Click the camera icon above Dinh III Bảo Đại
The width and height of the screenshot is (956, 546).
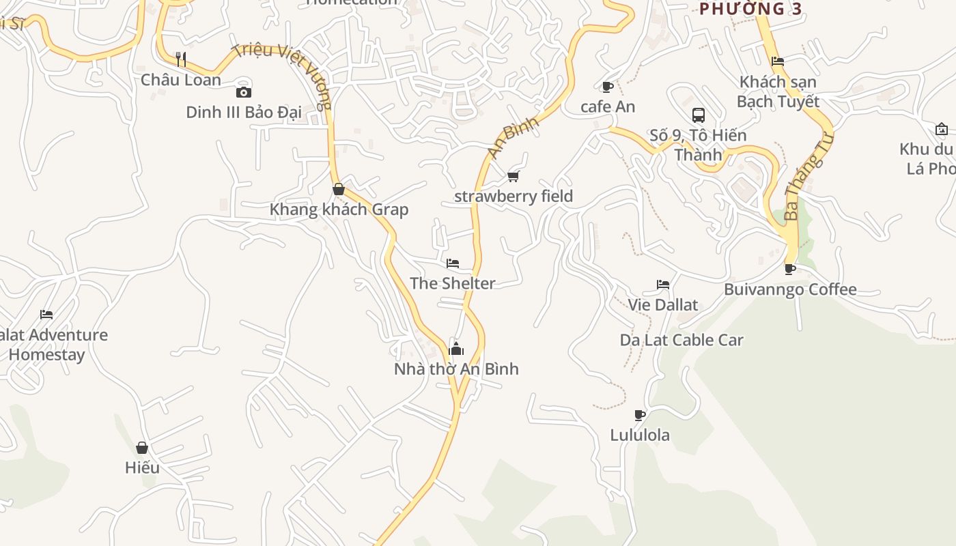pyautogui.click(x=244, y=92)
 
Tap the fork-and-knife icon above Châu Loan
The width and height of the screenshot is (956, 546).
pyautogui.click(x=181, y=59)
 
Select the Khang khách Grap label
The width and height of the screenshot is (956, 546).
pyautogui.click(x=339, y=210)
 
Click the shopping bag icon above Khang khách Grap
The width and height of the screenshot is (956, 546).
pyautogui.click(x=338, y=189)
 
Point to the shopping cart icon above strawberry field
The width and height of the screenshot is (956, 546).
pyautogui.click(x=514, y=177)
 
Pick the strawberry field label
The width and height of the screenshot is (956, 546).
pyautogui.click(x=514, y=197)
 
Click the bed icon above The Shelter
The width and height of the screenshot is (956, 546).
pyautogui.click(x=453, y=263)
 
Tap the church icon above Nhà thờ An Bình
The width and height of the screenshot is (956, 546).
pyautogui.click(x=456, y=349)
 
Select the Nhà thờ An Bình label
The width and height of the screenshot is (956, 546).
pyautogui.click(x=456, y=369)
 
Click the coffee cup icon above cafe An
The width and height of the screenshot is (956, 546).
pyautogui.click(x=607, y=87)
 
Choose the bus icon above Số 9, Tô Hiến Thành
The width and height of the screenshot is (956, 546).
pyautogui.click(x=698, y=115)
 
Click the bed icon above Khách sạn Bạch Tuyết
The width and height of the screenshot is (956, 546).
pyautogui.click(x=777, y=61)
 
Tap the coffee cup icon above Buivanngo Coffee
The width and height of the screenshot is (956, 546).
pyautogui.click(x=790, y=269)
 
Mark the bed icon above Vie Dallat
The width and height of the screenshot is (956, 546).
pyautogui.click(x=663, y=285)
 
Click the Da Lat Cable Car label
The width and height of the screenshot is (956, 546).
pyautogui.click(x=681, y=340)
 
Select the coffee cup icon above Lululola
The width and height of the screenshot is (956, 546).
pyautogui.click(x=640, y=415)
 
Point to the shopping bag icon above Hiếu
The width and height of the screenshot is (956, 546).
pyautogui.click(x=142, y=448)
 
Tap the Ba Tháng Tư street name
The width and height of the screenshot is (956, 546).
pyautogui.click(x=810, y=177)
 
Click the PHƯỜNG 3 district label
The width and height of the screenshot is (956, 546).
pyautogui.click(x=750, y=9)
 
